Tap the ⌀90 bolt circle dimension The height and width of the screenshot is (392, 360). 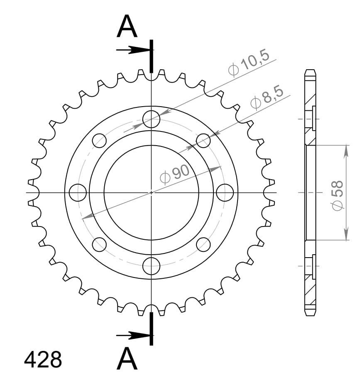coord(175,174)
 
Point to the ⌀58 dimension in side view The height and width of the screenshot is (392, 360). coord(337,195)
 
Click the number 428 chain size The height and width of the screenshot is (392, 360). coord(43,360)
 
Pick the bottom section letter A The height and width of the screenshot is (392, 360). coord(127,359)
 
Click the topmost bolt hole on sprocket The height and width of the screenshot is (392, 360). coord(151,119)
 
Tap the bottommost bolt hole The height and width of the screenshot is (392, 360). coord(151,266)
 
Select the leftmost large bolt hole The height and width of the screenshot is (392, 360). coord(78,192)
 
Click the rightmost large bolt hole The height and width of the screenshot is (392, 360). coord(225,192)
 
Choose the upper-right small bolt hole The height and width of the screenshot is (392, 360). coord(203,141)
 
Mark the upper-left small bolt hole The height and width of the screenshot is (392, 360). coord(99,141)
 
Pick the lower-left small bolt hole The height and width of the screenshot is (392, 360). coord(99,244)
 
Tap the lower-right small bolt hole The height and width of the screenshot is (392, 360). coord(203,244)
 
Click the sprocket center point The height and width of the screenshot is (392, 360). coord(151,192)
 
